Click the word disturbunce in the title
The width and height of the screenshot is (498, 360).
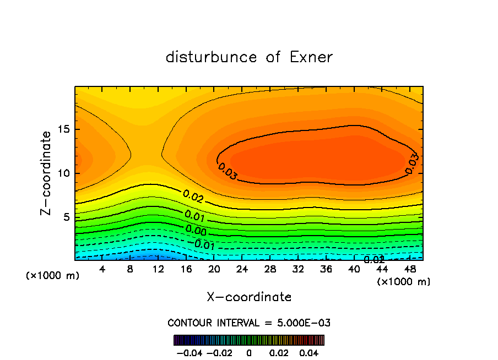pyautogui.click(x=212, y=57)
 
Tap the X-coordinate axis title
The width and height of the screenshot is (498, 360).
pyautogui.click(x=249, y=297)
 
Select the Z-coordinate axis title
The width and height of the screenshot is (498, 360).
pyautogui.click(x=47, y=172)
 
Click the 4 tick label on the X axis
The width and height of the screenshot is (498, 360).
pyautogui.click(x=102, y=269)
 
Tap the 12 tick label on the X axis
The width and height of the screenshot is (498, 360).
pyautogui.click(x=158, y=269)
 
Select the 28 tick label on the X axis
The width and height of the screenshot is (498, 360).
pyautogui.click(x=270, y=269)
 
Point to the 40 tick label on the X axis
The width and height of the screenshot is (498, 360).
pyautogui.click(x=354, y=269)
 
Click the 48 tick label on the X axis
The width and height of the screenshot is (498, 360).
pyautogui.click(x=409, y=269)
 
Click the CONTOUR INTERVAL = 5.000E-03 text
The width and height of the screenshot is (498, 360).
pyautogui.click(x=249, y=323)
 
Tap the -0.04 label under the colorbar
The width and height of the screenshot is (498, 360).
pyautogui.click(x=189, y=352)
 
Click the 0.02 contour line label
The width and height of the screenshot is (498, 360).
pyautogui.click(x=193, y=197)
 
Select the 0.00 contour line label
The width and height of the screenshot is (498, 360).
pyautogui.click(x=196, y=230)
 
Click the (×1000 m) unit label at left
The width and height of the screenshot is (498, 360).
pyautogui.click(x=52, y=276)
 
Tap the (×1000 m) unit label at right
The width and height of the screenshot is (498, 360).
pyautogui.click(x=403, y=282)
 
